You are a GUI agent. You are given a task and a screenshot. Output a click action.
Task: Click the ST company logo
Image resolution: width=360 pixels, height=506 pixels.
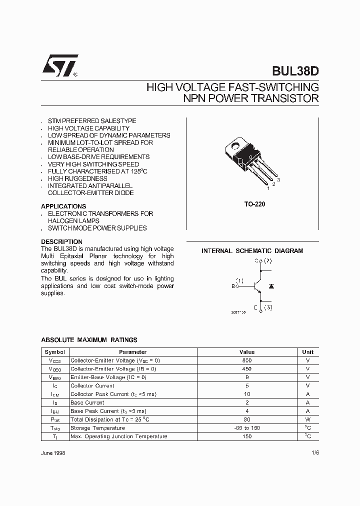pos(59,65)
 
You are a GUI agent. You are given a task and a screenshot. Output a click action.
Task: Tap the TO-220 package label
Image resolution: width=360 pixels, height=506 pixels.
pos(252,204)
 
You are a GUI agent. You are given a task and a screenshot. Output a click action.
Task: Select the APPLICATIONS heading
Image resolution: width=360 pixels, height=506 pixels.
pos(63,206)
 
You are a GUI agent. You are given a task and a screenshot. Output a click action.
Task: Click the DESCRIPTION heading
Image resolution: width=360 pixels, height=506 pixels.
pos(61,241)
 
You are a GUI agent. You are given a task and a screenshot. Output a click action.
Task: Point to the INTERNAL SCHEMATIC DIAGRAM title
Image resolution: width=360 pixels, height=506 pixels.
pos(252,251)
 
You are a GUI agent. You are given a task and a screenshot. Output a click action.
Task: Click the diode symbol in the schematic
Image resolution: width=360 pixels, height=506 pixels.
pos(271,285)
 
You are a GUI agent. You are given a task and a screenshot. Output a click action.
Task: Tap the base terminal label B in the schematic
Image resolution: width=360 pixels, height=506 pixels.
pos(233,286)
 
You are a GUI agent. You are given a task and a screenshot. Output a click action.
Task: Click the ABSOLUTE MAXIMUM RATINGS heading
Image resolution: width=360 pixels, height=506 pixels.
pos(89,340)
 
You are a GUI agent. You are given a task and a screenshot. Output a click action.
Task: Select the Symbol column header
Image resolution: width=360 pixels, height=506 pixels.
pos(54,352)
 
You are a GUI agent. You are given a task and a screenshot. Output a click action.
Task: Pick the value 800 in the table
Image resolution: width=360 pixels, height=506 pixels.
pos(247,360)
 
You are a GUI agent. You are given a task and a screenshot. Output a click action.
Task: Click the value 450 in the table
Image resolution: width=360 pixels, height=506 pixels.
pos(247,369)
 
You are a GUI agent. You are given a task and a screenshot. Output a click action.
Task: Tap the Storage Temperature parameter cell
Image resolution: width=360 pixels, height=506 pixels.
pos(97,428)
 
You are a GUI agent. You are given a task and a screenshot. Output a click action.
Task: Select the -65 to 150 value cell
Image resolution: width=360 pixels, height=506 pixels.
pos(247,428)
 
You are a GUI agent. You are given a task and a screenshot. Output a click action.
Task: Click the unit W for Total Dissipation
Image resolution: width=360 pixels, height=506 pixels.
pos(308,419)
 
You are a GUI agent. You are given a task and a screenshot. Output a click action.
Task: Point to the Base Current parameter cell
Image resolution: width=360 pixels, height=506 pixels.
pos(87,402)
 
